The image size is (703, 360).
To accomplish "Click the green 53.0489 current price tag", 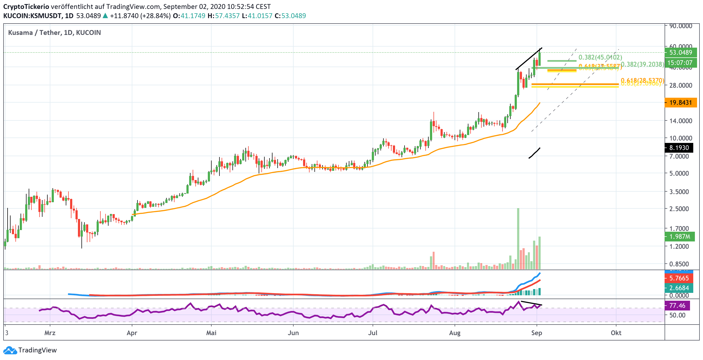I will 680,53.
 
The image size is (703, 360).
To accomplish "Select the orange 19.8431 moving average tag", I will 680,103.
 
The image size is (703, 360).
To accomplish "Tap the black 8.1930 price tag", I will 679,148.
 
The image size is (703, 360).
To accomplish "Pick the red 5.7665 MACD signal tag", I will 679,278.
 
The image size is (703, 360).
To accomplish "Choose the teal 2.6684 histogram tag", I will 679,288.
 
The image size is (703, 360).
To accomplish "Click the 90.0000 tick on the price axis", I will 681,26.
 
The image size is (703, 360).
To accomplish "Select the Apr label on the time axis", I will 132,333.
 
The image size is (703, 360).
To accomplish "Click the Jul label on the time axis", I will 373,333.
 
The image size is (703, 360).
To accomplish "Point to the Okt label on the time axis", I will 616,333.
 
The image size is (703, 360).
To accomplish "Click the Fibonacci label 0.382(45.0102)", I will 600,57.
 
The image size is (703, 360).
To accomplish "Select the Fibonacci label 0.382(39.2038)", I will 642,64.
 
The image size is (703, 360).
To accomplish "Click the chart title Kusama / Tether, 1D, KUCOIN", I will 55,33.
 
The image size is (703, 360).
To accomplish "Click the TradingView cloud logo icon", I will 10,350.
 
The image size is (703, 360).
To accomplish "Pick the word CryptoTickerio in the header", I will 26,6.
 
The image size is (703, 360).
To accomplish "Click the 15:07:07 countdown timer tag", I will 680,63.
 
